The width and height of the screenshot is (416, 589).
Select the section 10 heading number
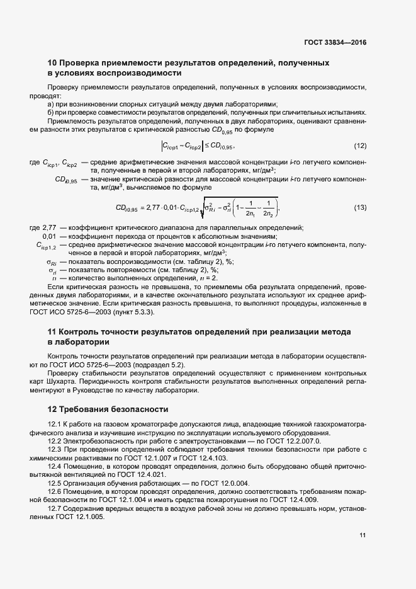click(x=53, y=64)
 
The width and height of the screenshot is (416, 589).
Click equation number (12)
click(x=359, y=146)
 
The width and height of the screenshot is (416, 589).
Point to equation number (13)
click(x=359, y=207)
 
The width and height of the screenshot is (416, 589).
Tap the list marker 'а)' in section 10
click(x=52, y=104)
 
